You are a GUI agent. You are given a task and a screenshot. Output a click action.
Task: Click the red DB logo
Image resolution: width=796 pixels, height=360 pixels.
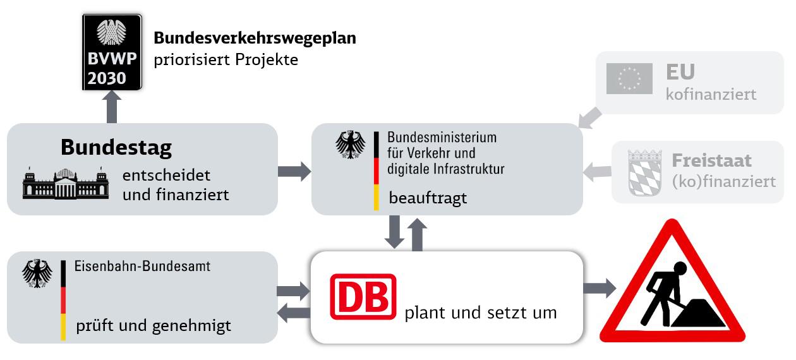click(x=363, y=297)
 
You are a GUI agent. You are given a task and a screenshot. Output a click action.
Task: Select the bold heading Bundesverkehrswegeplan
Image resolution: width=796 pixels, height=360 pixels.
click(x=255, y=38)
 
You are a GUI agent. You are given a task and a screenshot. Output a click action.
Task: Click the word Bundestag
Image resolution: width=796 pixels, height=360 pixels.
click(x=116, y=148)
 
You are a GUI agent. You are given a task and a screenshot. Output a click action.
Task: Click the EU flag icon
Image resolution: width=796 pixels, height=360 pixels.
click(x=629, y=78)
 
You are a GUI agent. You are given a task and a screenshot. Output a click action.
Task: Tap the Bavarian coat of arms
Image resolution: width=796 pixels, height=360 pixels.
click(x=644, y=172)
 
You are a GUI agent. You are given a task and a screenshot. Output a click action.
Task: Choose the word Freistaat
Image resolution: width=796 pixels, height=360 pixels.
click(x=711, y=160)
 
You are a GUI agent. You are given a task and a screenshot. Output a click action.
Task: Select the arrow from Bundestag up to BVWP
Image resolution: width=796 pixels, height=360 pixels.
click(x=112, y=107)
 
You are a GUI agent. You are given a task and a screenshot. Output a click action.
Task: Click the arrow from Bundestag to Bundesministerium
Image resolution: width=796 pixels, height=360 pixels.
click(x=294, y=171)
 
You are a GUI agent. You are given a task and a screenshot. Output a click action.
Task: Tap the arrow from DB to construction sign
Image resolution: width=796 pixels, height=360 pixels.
click(x=599, y=289)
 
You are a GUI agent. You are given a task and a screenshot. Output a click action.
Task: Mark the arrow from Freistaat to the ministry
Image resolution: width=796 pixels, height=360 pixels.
click(x=598, y=171)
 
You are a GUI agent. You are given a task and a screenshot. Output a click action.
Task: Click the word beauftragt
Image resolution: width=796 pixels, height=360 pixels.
click(x=428, y=198)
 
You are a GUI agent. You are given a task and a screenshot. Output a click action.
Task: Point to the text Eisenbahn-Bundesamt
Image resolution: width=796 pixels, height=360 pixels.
click(x=143, y=267)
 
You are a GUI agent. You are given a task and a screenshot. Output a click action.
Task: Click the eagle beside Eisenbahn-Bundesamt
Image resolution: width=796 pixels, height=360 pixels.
click(x=37, y=273)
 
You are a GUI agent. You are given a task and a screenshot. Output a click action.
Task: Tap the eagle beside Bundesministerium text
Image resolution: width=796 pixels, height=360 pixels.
click(x=351, y=145)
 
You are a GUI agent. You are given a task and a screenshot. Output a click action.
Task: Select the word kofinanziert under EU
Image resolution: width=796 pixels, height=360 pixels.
click(x=711, y=95)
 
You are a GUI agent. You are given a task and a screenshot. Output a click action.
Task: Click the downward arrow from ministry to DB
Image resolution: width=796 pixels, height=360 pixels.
click(x=395, y=232)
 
